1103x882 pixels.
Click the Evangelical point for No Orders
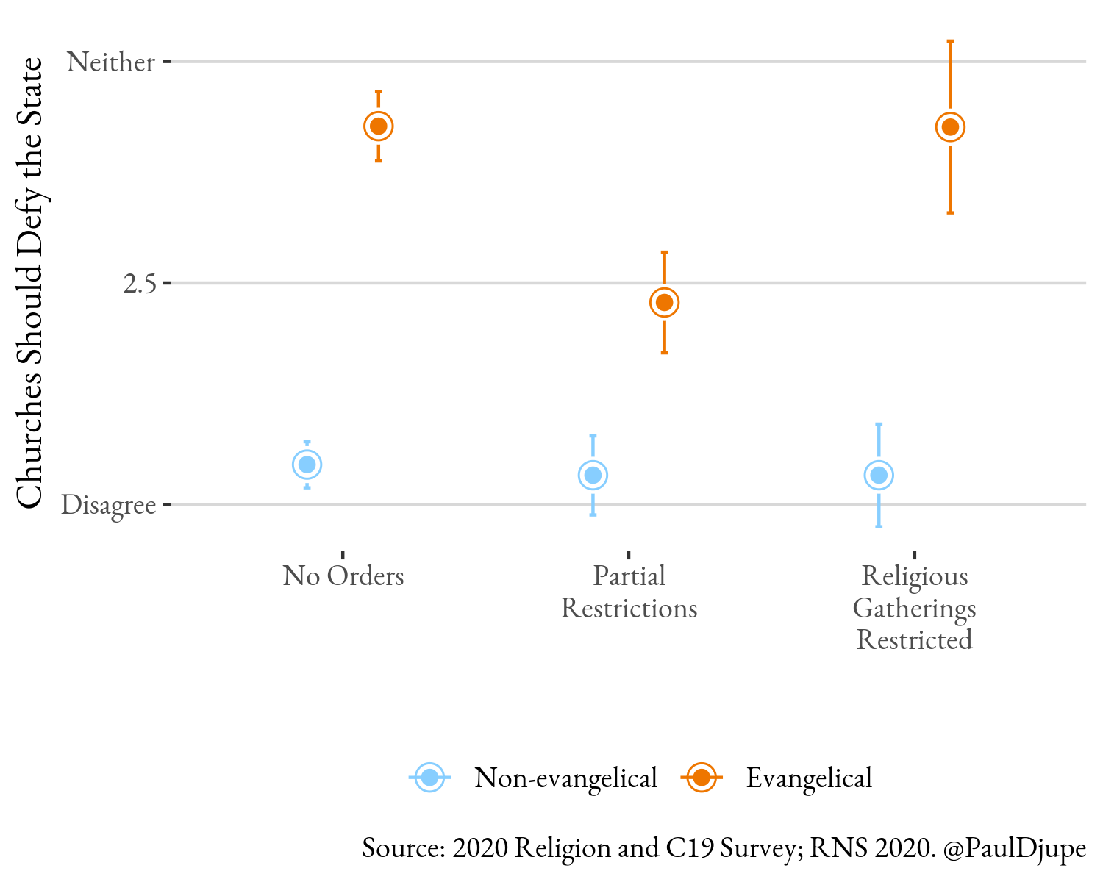pyautogui.click(x=379, y=126)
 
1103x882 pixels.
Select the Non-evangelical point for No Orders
pyautogui.click(x=307, y=465)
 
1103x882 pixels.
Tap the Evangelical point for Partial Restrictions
pyautogui.click(x=664, y=302)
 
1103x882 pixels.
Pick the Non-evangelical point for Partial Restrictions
pyautogui.click(x=593, y=476)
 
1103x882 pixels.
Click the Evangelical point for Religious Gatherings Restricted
pyautogui.click(x=950, y=127)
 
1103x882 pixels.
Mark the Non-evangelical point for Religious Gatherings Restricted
pyautogui.click(x=879, y=476)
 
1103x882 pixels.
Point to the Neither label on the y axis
pyautogui.click(x=111, y=62)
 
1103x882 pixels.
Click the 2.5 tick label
pyautogui.click(x=140, y=283)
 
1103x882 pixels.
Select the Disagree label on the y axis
pyautogui.click(x=109, y=505)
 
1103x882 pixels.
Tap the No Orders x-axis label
pyautogui.click(x=343, y=576)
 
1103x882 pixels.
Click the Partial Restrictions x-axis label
pyautogui.click(x=629, y=592)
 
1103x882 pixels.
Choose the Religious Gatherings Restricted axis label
pyautogui.click(x=914, y=608)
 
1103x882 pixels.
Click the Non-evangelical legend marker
pyautogui.click(x=430, y=778)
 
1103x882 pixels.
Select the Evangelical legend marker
pyautogui.click(x=702, y=778)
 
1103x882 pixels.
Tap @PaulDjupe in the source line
pyautogui.click(x=1014, y=848)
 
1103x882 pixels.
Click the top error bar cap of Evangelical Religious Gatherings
pyautogui.click(x=950, y=41)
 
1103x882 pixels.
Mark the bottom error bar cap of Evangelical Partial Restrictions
pyautogui.click(x=664, y=353)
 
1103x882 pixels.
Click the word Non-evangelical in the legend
pyautogui.click(x=565, y=778)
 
